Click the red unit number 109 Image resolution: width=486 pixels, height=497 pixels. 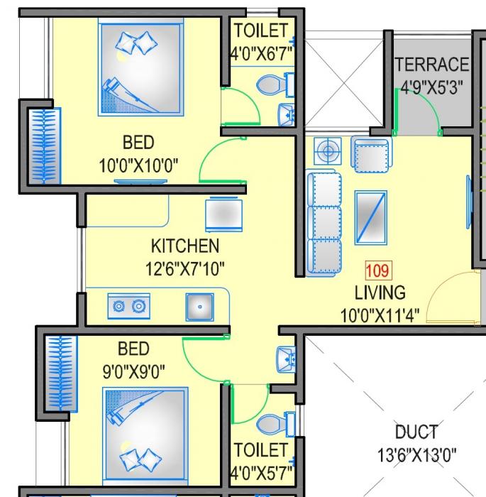pos(377,271)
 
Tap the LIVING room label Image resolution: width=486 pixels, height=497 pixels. pos(380,292)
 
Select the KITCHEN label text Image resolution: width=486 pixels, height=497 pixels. pos(184,246)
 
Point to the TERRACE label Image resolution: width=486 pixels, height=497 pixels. pos(432,65)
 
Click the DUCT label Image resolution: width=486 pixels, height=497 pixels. pos(416,432)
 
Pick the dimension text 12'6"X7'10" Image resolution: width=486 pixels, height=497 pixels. pos(184,269)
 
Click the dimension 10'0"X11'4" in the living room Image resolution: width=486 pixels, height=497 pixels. pos(380,313)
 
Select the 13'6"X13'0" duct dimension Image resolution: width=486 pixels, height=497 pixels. pos(416,454)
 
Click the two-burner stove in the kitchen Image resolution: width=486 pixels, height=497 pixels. pos(129,307)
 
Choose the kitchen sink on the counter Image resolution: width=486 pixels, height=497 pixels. pos(199,307)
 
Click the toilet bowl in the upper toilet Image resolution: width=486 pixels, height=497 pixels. pos(270,86)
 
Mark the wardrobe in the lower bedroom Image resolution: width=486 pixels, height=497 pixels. pos(61,373)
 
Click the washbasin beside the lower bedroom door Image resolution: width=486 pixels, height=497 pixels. pos(287,358)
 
